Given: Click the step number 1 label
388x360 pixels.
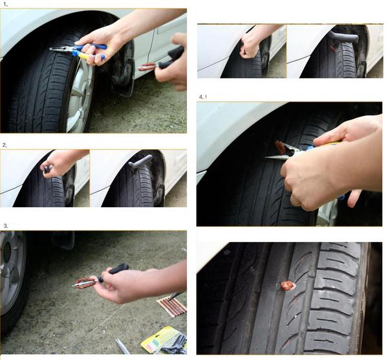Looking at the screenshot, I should (5, 5).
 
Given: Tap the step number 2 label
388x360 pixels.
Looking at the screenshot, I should (5, 145).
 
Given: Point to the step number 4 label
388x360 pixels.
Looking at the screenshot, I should (202, 96).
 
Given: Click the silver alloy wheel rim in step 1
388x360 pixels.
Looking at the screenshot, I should (81, 97).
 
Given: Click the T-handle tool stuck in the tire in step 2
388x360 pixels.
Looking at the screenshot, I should (140, 162).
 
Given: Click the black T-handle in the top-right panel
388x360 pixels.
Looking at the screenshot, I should (343, 37).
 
